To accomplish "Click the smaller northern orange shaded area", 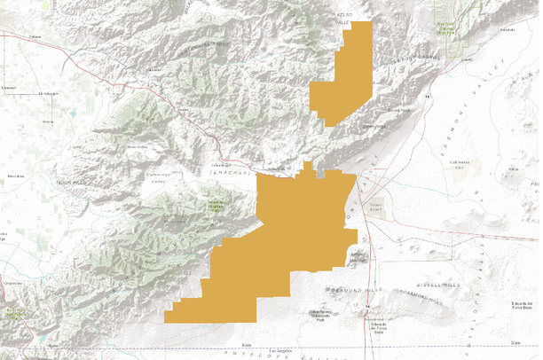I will pos(342,75).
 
